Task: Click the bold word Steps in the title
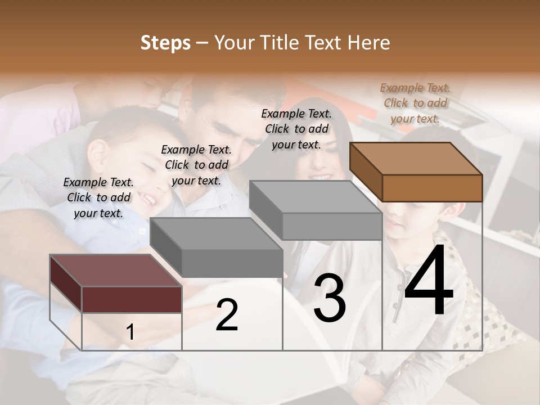(x=165, y=43)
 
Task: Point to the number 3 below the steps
(x=330, y=298)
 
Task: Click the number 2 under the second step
(x=227, y=315)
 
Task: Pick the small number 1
(x=130, y=332)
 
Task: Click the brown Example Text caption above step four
(x=415, y=103)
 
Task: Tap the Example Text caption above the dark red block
(x=98, y=197)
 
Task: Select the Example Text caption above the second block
(x=196, y=165)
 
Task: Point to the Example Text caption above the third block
(x=296, y=129)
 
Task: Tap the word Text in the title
(x=323, y=43)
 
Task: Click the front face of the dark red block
(x=132, y=299)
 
